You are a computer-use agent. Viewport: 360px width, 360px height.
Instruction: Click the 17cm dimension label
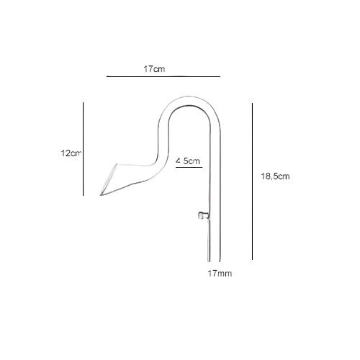[154, 69]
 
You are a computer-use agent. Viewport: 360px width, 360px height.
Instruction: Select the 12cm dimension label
[71, 153]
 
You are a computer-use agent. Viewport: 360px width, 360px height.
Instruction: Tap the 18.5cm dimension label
[275, 176]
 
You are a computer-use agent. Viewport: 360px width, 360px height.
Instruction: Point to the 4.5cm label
[188, 161]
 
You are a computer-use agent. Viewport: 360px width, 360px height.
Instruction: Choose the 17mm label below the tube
[220, 274]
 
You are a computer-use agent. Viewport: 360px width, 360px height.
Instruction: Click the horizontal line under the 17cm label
[163, 76]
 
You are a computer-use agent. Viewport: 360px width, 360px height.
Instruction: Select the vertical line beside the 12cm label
[84, 149]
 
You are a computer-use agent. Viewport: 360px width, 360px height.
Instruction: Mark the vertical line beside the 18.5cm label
[252, 181]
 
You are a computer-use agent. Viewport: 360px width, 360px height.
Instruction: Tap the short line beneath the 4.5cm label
[189, 167]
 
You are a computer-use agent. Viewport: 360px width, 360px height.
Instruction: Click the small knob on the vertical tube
[203, 215]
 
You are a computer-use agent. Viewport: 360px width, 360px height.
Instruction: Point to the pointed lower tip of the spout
[101, 195]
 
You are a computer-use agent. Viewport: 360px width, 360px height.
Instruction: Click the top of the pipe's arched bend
[189, 97]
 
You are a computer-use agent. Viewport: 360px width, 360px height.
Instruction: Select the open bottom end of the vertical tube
[214, 261]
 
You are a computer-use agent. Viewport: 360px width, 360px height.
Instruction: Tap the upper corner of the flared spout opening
[117, 164]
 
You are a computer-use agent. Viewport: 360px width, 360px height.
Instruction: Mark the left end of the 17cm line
[107, 76]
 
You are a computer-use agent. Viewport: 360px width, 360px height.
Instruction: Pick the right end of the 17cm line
[220, 76]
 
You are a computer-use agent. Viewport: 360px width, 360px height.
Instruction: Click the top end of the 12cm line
[84, 102]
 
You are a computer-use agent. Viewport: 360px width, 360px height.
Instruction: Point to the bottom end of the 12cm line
[84, 195]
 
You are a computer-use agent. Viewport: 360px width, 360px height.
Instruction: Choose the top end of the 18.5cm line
[252, 104]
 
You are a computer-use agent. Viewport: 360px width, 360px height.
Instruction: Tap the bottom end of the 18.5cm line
[252, 259]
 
